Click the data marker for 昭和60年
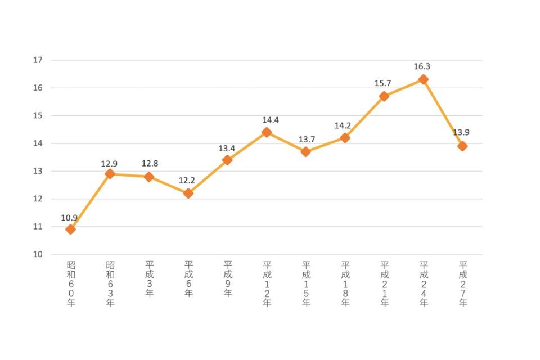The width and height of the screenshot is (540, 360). pos(70,229)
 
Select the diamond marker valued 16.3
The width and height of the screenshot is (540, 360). pos(424,79)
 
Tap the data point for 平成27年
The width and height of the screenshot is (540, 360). pos(462,146)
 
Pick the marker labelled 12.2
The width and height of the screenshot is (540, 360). pos(188,193)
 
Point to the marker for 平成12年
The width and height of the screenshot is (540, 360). pos(267,132)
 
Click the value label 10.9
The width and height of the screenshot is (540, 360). pos(70,218)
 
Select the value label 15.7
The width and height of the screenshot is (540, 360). pos(383,84)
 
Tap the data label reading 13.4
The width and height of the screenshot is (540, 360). pos(227,148)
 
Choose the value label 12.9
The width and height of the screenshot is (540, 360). pos(109,164)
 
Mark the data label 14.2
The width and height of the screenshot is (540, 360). pos(343,126)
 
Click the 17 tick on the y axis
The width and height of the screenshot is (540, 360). pos(38,60)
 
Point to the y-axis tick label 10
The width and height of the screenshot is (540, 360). pos(38,255)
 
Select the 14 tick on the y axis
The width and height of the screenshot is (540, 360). pos(38,143)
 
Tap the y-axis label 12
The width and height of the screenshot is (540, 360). pos(38,199)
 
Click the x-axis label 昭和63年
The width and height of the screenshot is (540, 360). pos(110,283)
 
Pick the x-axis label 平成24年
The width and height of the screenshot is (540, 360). pos(424,283)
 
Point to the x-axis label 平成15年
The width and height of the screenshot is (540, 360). pos(306,283)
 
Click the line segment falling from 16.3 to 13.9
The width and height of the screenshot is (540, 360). pos(443,113)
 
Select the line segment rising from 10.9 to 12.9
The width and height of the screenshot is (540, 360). pos(90,201)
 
